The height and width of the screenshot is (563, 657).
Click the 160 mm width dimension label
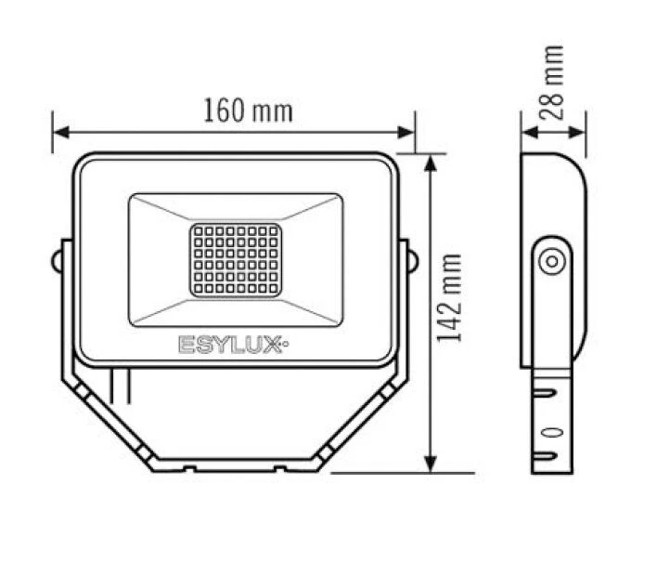(247, 111)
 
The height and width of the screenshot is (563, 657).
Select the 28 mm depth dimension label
(553, 81)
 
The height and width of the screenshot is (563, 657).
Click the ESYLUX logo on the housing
(234, 345)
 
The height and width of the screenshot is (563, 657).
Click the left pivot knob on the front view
(59, 257)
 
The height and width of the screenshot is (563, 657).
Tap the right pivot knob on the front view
(408, 257)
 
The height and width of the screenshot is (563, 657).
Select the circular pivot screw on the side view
(551, 261)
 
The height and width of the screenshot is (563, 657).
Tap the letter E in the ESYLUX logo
(185, 345)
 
